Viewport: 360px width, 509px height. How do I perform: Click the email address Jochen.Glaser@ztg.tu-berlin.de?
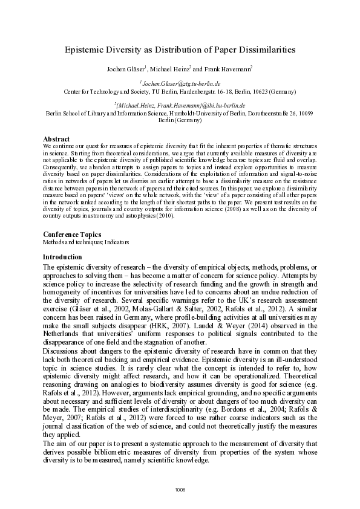point(180,83)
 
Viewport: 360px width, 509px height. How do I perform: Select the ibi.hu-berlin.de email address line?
point(180,105)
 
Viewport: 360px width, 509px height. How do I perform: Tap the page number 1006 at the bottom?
point(180,489)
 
